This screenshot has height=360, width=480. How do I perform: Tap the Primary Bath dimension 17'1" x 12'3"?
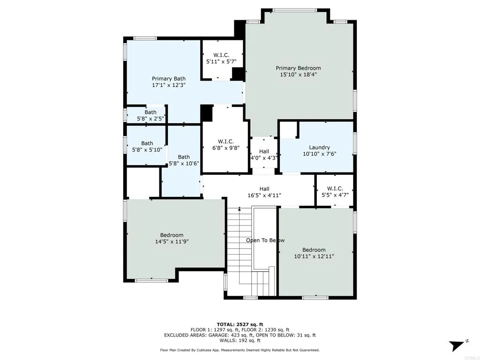pos(169,86)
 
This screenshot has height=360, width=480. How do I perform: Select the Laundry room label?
pos(319,147)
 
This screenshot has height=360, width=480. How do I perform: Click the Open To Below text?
pos(265,240)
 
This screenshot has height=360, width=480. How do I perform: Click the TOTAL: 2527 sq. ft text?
pos(240,324)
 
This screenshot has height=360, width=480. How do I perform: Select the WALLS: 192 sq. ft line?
pos(240,341)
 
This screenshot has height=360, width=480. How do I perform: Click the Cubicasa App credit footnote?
pos(240,350)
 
